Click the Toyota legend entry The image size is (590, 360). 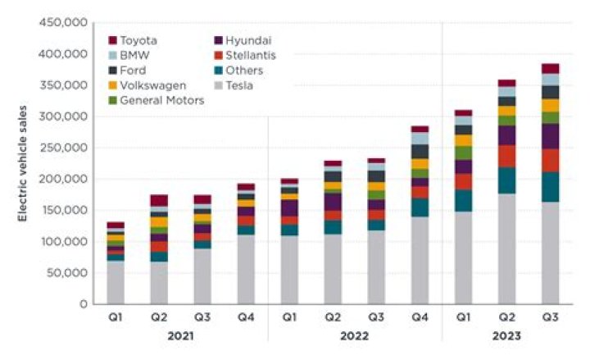pos(138,39)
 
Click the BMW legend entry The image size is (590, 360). pos(134,55)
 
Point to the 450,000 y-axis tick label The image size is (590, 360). pos(63,23)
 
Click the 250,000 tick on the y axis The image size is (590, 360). pos(63,148)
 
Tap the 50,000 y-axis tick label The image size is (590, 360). pos(66,272)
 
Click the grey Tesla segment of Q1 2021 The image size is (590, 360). pos(116,282)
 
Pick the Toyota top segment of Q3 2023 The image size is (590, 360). pos(550,68)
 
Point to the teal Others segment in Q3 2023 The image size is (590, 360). pos(550,187)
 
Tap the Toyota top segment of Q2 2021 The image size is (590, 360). pos(159,200)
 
